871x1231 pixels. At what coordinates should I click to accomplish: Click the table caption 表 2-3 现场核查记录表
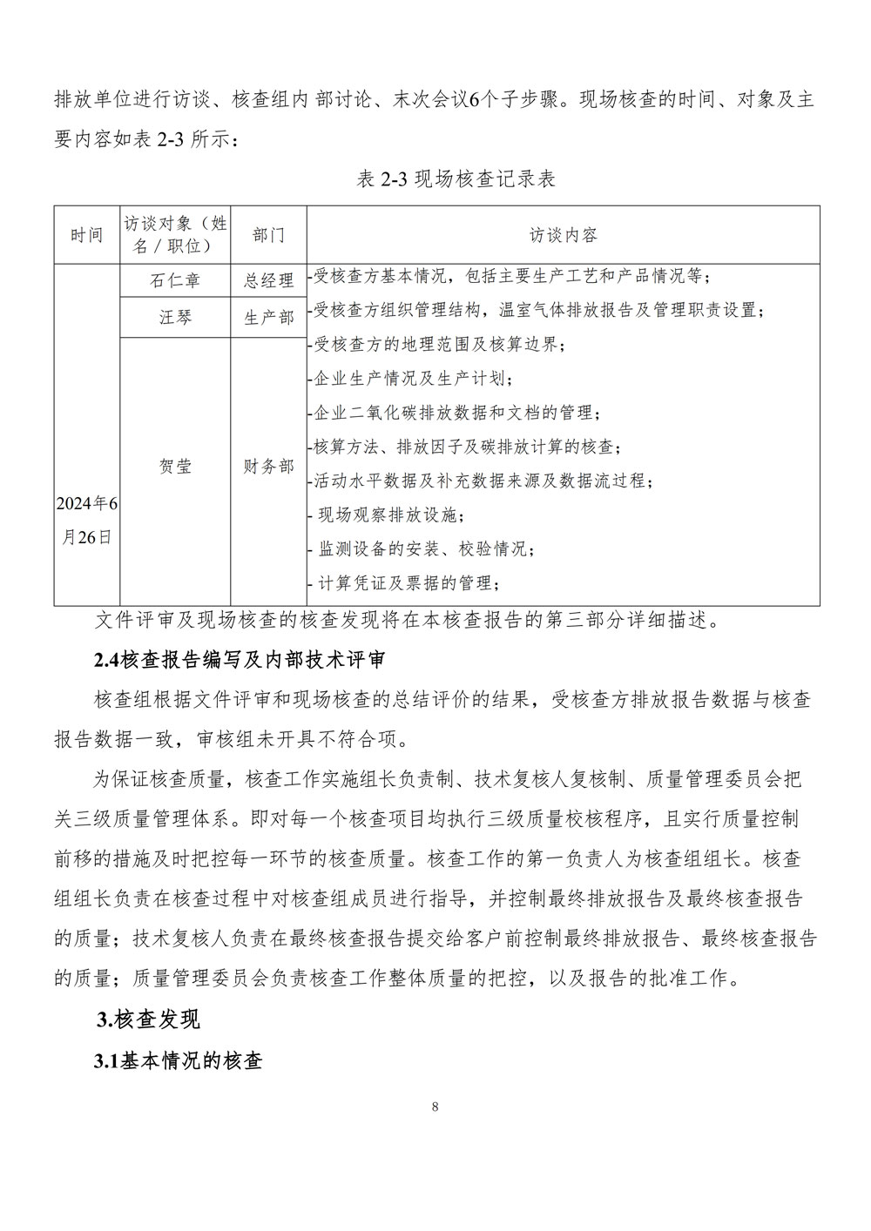pyautogui.click(x=456, y=180)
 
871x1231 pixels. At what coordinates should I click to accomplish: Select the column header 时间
pyautogui.click(x=86, y=235)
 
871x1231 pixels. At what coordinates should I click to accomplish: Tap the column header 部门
pyautogui.click(x=268, y=235)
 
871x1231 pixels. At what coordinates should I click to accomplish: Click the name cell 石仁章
pyautogui.click(x=175, y=280)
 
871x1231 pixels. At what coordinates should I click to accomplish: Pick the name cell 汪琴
pyautogui.click(x=175, y=318)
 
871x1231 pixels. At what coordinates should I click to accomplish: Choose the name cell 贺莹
pyautogui.click(x=175, y=467)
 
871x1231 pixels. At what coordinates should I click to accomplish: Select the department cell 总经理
pyautogui.click(x=268, y=280)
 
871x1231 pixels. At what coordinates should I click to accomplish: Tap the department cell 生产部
pyautogui.click(x=268, y=318)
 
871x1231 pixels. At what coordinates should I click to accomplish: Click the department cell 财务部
pyautogui.click(x=268, y=467)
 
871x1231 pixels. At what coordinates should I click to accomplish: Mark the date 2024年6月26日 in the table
pyautogui.click(x=86, y=520)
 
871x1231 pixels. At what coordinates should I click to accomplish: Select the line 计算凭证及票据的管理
pyautogui.click(x=408, y=582)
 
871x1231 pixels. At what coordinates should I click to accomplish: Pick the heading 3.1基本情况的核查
pyautogui.click(x=178, y=1061)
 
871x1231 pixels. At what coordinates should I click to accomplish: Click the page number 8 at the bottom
pyautogui.click(x=435, y=1107)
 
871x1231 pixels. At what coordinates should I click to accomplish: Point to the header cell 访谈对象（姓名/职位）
pyautogui.click(x=175, y=235)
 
